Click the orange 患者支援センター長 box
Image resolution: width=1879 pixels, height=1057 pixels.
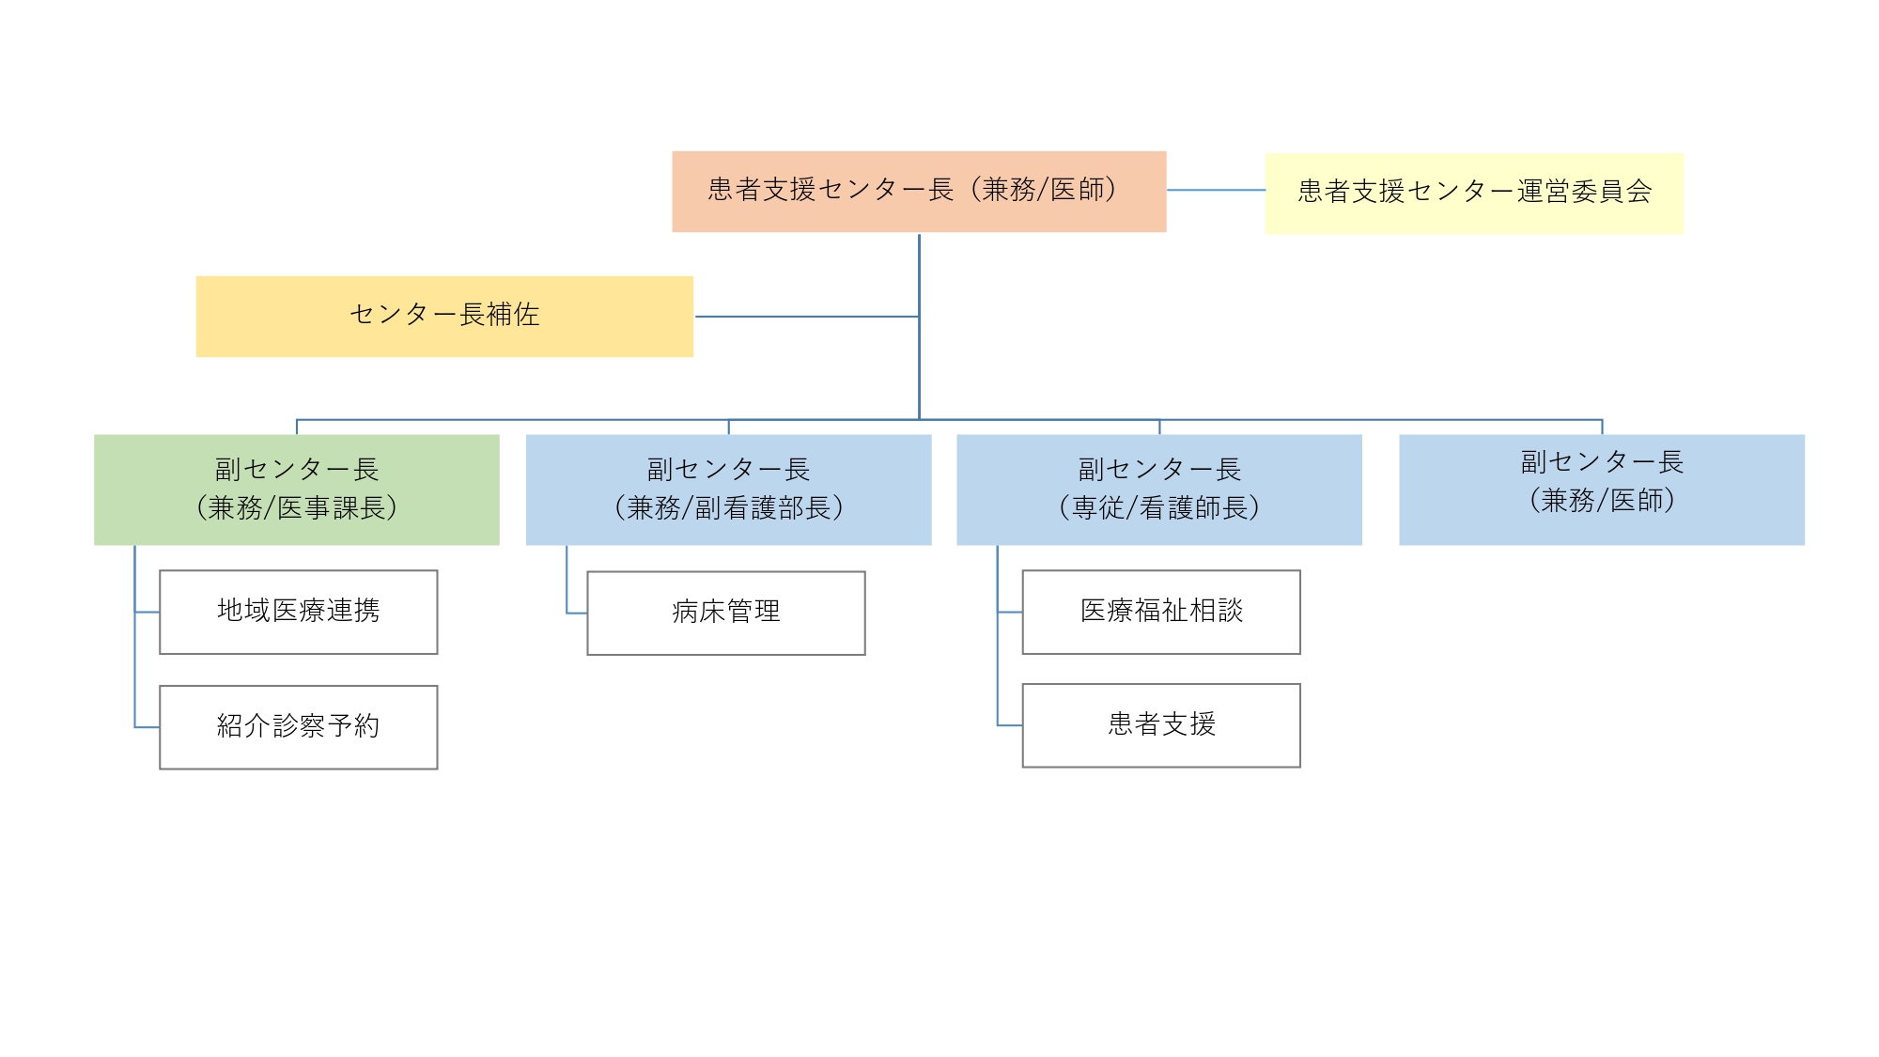click(x=919, y=192)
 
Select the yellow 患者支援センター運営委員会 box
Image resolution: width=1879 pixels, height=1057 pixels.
click(x=1473, y=193)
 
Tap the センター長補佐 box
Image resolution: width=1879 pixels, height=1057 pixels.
click(x=444, y=316)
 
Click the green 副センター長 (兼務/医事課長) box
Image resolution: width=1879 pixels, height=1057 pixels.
click(x=297, y=490)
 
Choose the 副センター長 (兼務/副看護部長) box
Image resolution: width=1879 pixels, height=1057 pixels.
click(x=728, y=490)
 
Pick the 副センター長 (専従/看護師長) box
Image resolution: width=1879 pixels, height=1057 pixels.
click(x=1158, y=490)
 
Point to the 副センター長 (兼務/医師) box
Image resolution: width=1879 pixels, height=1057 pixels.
click(x=1601, y=490)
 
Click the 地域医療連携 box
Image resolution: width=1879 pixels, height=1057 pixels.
click(x=299, y=612)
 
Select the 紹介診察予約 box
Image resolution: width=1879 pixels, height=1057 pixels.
click(x=299, y=727)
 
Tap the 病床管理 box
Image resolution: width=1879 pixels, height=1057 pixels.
click(x=726, y=613)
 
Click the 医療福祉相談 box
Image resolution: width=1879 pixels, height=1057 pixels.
click(x=1161, y=612)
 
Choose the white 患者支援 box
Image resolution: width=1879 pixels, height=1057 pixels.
click(x=1161, y=725)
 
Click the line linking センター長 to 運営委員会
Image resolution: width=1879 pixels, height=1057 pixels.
click(x=1216, y=190)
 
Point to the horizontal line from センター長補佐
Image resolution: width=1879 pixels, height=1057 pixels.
click(x=806, y=317)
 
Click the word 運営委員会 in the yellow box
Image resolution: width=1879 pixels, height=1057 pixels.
click(x=1584, y=192)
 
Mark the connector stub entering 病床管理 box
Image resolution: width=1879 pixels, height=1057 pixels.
click(x=576, y=614)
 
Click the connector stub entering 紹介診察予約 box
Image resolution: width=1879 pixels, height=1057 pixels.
click(x=147, y=727)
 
